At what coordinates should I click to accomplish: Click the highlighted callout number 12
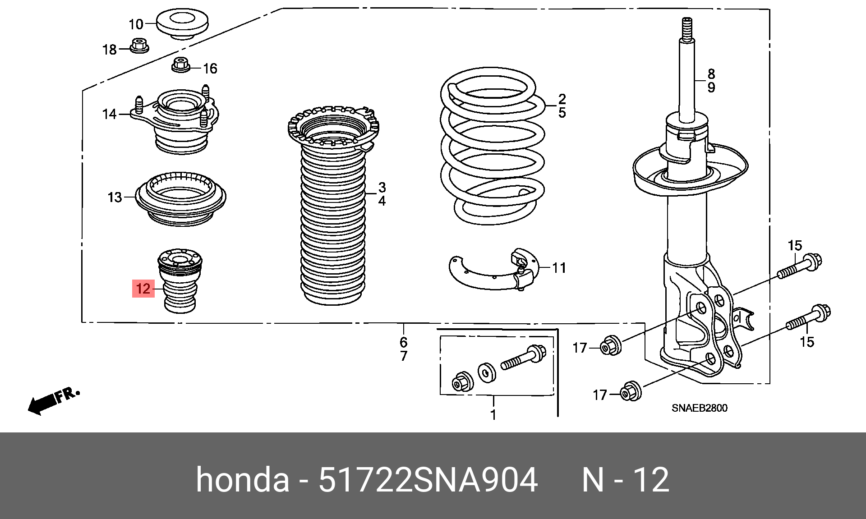(143, 289)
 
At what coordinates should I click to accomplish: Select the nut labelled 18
(139, 46)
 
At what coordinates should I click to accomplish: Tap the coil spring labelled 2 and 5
(493, 144)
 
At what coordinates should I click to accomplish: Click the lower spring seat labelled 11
(494, 271)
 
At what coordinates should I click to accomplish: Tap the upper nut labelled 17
(611, 345)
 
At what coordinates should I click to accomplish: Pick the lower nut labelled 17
(630, 392)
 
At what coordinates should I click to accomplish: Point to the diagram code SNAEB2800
(699, 408)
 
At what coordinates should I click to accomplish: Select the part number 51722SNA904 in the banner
(428, 480)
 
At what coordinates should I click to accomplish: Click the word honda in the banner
(243, 480)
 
